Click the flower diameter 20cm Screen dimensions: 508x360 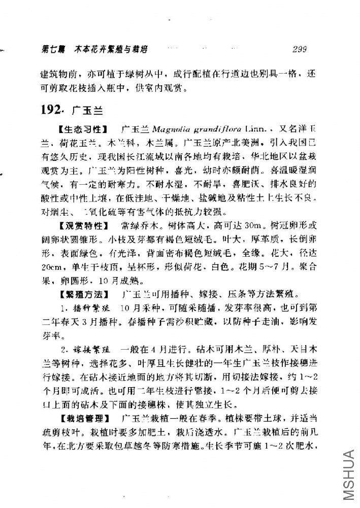(x=50, y=266)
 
